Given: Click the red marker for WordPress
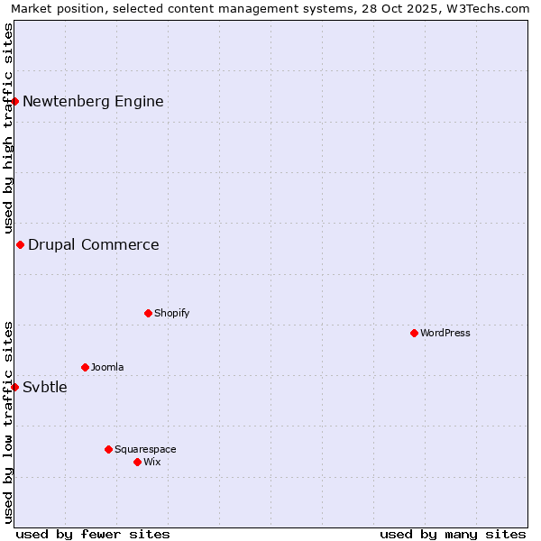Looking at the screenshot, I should [414, 333].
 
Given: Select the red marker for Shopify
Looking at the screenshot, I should [148, 313].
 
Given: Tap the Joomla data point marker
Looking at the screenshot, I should [85, 367].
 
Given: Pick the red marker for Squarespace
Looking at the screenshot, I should [108, 449].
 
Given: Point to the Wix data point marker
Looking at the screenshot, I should [137, 462].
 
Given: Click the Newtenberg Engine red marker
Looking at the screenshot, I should [15, 101].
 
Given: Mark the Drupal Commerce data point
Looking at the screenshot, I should [20, 244].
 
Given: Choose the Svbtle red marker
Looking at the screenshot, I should [15, 387].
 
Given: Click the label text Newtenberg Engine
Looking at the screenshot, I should [93, 101].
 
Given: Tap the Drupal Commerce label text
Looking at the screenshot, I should [93, 244].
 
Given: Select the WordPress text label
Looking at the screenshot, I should [445, 333].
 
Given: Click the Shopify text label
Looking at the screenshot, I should [171, 313].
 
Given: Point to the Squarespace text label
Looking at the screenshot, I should [145, 449].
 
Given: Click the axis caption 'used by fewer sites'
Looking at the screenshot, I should [93, 534].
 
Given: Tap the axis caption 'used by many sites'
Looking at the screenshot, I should [453, 534].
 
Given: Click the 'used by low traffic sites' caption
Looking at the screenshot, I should [8, 422].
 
